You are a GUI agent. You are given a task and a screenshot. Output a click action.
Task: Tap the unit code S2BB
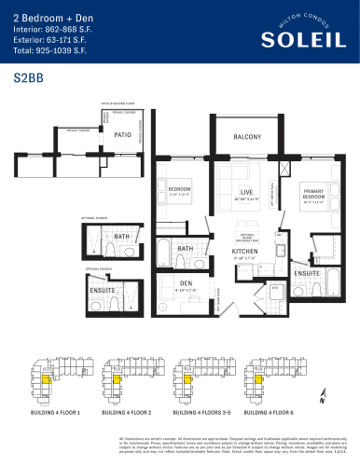[x=29, y=80]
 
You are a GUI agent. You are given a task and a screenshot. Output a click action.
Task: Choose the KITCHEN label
[x=245, y=252]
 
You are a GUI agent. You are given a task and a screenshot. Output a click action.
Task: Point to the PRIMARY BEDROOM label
[x=312, y=192]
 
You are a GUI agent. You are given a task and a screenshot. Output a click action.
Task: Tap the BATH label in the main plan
[x=185, y=249]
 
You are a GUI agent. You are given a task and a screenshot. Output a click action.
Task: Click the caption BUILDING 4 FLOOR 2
[x=126, y=411]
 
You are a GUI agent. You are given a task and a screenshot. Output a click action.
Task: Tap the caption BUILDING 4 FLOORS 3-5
[x=198, y=411]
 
